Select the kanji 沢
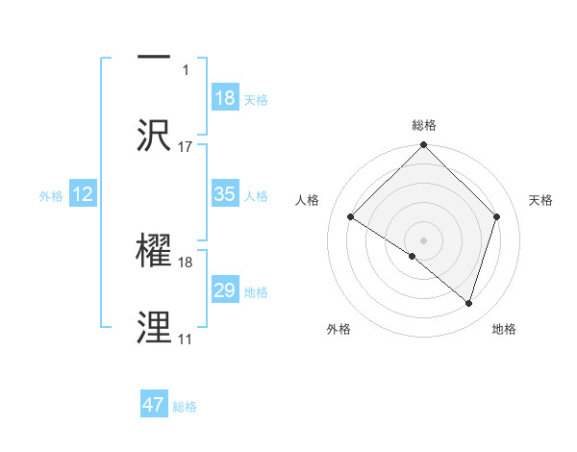[154, 134]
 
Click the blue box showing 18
[225, 98]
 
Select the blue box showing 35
[225, 194]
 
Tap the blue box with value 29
[225, 290]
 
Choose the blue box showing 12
[83, 194]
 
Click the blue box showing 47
[154, 405]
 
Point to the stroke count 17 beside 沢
[186, 147]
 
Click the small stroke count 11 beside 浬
[185, 339]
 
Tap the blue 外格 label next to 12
[51, 196]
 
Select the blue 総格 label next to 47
[185, 407]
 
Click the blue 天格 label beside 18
[256, 100]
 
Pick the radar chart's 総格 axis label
[424, 125]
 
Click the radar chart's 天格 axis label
[541, 200]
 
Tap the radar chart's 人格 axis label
[308, 200]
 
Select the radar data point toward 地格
[469, 304]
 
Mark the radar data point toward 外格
[413, 257]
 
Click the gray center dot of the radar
[423, 239]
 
